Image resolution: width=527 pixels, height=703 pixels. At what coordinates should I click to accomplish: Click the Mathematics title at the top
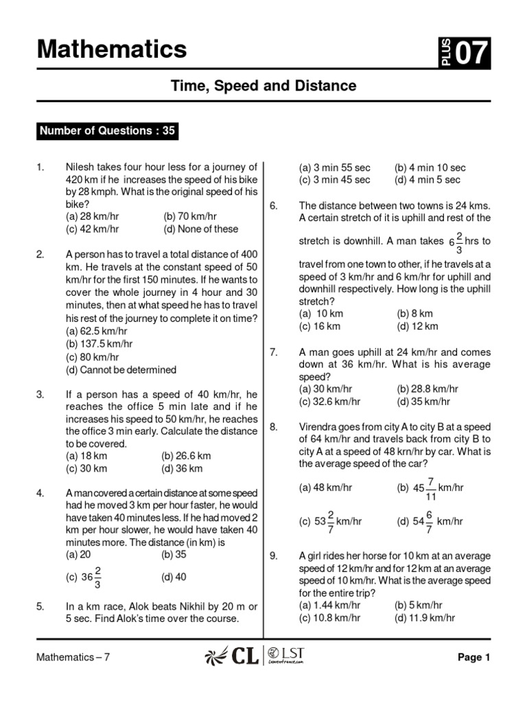[111, 49]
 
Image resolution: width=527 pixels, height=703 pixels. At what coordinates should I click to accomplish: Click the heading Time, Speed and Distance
[263, 86]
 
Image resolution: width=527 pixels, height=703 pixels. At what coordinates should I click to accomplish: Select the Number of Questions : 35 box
[107, 131]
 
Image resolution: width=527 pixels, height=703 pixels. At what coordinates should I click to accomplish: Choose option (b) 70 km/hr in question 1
[190, 216]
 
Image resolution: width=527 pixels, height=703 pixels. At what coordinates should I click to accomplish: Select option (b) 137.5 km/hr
[99, 343]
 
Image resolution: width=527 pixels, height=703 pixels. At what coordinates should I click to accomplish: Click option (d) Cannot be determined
[121, 369]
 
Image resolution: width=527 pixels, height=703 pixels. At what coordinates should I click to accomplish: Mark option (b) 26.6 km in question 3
[186, 455]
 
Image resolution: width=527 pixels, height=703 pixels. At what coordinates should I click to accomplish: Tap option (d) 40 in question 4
[174, 577]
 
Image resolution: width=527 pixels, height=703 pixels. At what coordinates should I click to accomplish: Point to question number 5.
[40, 606]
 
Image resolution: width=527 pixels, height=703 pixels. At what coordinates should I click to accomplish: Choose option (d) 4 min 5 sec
[427, 180]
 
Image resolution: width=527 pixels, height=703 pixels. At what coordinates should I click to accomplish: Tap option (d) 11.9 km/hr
[425, 618]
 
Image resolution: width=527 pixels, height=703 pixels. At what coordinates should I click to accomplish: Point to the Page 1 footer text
[473, 657]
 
